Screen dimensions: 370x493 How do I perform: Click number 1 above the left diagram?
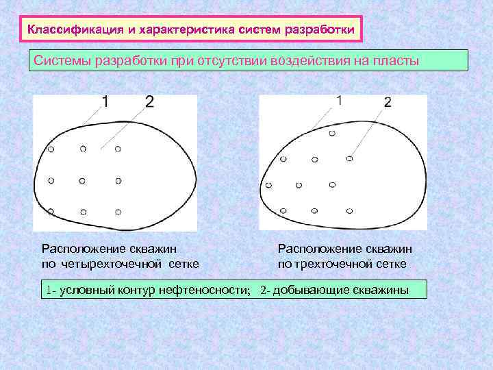tap(105, 102)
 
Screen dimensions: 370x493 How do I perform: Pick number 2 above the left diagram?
tap(149, 102)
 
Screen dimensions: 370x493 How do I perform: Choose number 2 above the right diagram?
tap(388, 103)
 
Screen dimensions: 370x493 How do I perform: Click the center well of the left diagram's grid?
tap(83, 181)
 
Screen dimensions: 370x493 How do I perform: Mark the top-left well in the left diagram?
tap(50, 149)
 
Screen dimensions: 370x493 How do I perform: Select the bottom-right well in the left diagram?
tap(118, 212)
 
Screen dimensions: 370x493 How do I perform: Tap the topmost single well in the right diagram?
tap(332, 133)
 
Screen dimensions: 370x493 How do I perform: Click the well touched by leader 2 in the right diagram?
tap(349, 159)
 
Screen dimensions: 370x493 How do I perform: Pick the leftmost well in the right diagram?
tap(269, 185)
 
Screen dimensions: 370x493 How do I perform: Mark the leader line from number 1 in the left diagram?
tap(91, 116)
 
